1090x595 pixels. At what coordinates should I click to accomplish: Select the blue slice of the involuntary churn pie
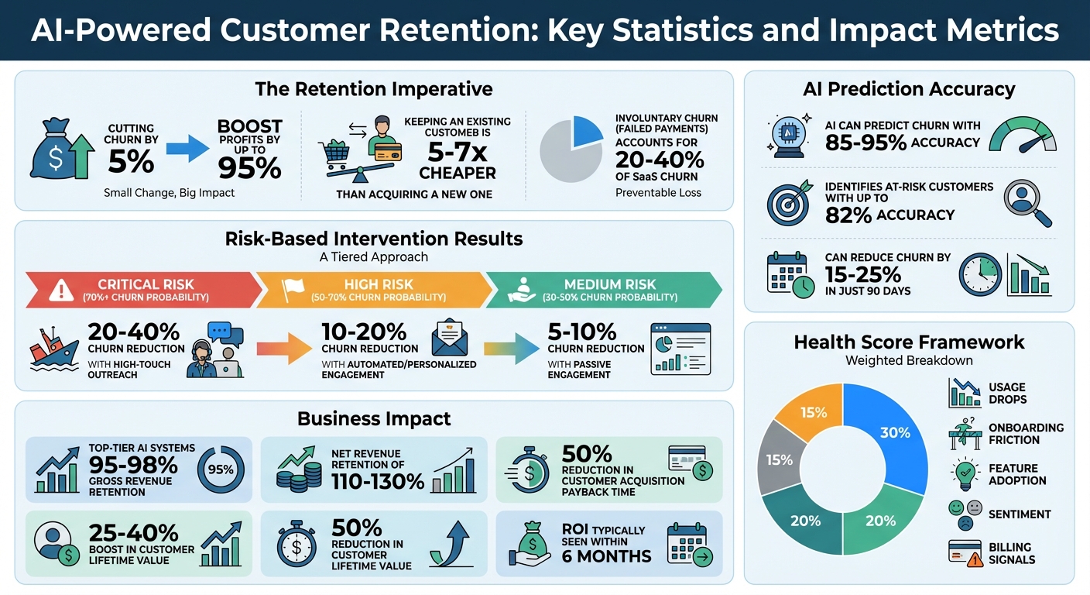586,132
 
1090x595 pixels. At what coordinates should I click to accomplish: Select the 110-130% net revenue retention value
378,481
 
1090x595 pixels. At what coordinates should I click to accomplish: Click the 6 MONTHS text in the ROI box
606,555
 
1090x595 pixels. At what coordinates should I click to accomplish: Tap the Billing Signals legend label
1011,553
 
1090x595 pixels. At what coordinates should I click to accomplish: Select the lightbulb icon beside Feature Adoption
964,473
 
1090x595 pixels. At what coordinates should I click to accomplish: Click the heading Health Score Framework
909,342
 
